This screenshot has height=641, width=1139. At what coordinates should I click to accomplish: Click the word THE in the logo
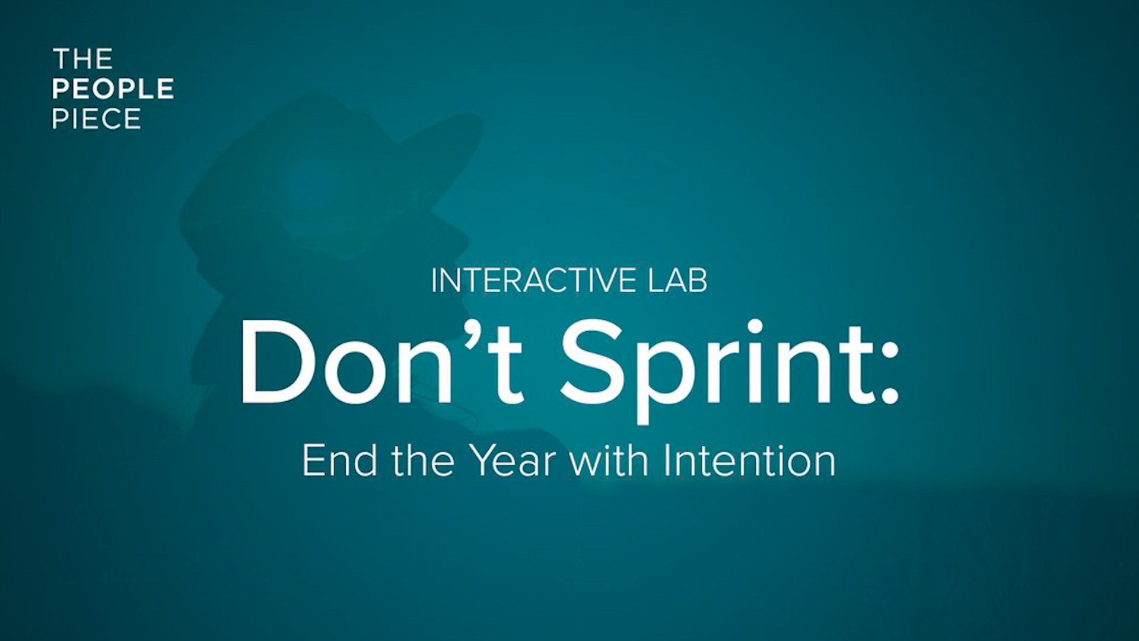(x=82, y=59)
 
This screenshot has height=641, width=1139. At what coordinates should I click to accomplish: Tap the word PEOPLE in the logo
(x=113, y=89)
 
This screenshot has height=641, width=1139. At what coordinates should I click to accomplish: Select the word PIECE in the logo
(x=97, y=119)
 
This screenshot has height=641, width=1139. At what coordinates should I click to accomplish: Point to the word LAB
(x=677, y=281)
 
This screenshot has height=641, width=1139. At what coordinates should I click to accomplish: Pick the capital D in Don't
(x=276, y=362)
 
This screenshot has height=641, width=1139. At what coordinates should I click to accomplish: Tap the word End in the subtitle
(x=339, y=461)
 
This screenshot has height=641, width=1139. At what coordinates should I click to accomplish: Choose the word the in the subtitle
(x=423, y=461)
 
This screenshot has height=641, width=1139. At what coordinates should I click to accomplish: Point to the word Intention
(x=750, y=461)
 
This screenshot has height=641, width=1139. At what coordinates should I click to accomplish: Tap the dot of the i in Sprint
(x=755, y=326)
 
